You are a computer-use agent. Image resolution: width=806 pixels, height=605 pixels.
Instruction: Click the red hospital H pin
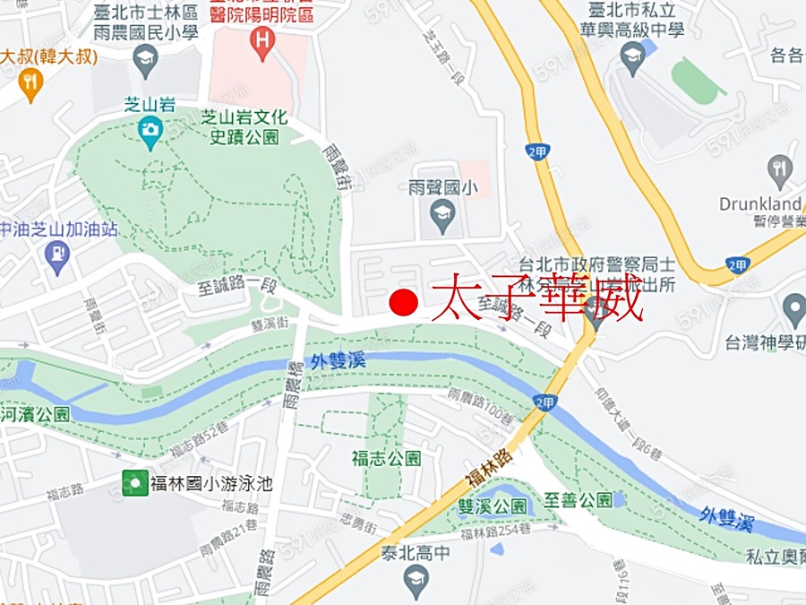[x=262, y=42]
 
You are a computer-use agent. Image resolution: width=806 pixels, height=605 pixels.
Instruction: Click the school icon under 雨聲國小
[x=441, y=214]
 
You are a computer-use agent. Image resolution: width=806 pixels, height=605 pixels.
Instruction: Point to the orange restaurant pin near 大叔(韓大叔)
[x=30, y=85]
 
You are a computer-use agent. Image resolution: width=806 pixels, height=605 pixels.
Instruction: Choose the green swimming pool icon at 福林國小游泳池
[x=134, y=484]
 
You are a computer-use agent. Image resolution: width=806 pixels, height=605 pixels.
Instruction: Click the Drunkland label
[x=759, y=203]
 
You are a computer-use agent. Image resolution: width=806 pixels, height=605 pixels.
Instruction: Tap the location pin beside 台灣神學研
[x=793, y=311]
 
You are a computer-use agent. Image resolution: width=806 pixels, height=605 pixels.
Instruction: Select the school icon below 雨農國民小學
[x=144, y=61]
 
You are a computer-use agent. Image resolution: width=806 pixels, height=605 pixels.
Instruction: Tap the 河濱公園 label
[x=35, y=413]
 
